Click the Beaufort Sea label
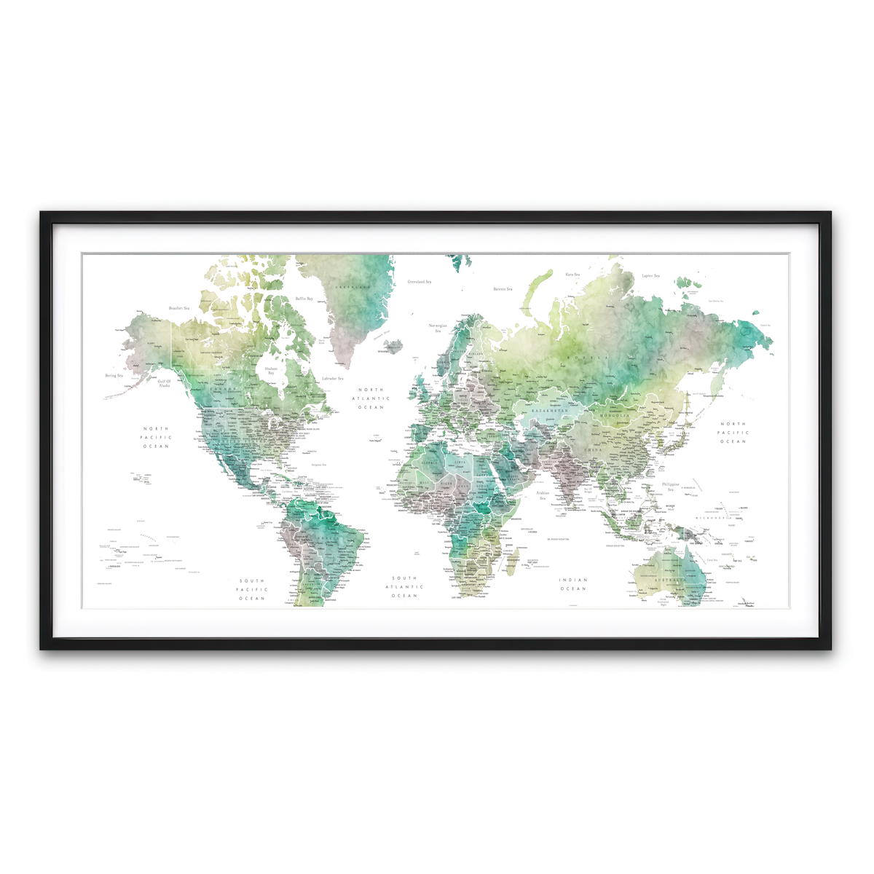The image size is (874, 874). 178,308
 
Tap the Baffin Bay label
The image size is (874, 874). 304,299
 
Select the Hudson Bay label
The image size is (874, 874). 271,371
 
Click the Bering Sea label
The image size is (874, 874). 114,376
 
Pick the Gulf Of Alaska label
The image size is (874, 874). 165,383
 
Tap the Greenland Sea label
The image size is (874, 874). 419,281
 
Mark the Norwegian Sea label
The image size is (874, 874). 438,328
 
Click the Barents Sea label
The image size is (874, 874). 503,289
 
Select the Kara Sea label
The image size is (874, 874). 572,275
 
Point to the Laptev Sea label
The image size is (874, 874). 650,276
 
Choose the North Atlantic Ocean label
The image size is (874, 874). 371,398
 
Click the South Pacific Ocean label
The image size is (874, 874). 252,590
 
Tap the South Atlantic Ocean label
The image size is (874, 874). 404,587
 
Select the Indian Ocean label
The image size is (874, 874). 573,584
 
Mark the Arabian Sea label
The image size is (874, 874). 543,495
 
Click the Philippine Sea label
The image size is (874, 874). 670,487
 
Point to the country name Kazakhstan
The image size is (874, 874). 548,412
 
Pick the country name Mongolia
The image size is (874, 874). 614,416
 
